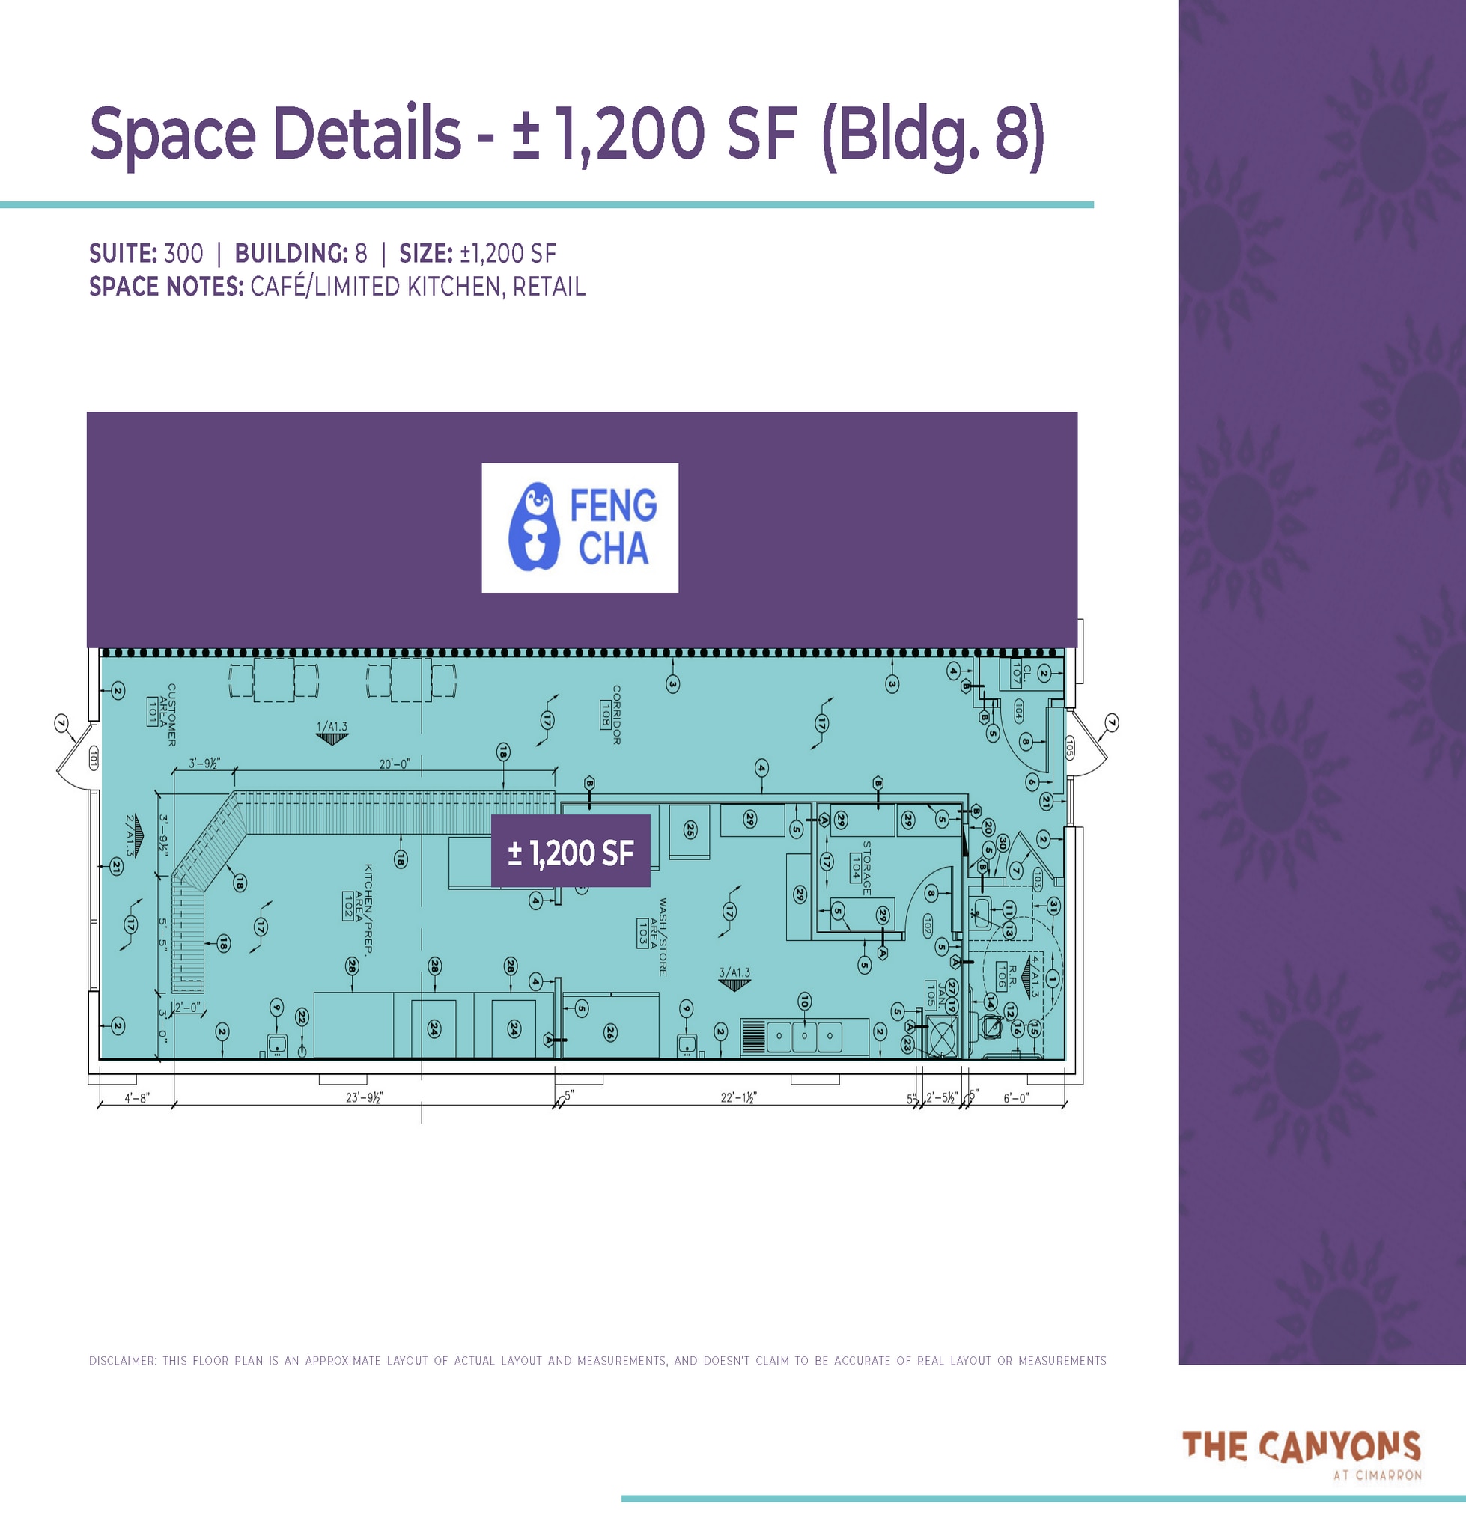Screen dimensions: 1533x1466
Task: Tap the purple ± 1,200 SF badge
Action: click(x=571, y=852)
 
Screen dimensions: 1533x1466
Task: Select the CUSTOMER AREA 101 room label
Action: click(x=162, y=714)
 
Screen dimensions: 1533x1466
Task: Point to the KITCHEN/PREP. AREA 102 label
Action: click(x=359, y=908)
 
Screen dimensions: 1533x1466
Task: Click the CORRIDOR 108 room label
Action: click(x=610, y=714)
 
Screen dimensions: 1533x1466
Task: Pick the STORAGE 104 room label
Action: click(x=860, y=868)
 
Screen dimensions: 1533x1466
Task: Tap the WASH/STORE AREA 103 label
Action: click(x=654, y=936)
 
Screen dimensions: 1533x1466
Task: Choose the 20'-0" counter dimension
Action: click(x=395, y=764)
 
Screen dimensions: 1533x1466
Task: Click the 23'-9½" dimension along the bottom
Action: click(x=364, y=1097)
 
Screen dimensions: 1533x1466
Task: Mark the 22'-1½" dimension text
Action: click(x=737, y=1097)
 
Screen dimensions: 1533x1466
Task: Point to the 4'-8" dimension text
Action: click(x=137, y=1097)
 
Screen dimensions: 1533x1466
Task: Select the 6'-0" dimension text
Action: click(x=1016, y=1097)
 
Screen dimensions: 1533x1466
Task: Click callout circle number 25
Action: click(x=690, y=830)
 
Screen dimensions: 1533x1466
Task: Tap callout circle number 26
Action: click(x=610, y=1033)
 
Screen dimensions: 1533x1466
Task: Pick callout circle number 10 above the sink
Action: click(x=804, y=1001)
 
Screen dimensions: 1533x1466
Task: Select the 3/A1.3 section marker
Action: click(x=734, y=977)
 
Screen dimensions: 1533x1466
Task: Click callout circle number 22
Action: click(x=302, y=1017)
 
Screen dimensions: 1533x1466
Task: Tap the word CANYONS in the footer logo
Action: click(x=1339, y=1447)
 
